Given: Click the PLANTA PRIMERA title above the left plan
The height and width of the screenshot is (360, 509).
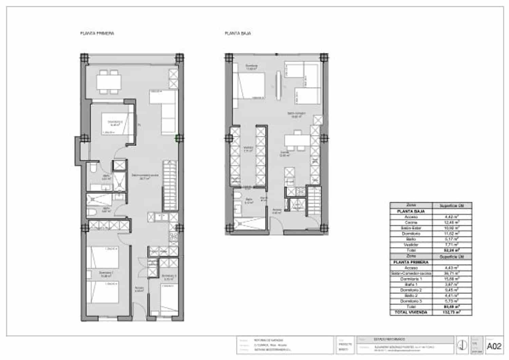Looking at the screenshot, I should [97, 33].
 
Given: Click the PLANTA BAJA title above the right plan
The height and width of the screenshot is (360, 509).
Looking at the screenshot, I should [238, 33].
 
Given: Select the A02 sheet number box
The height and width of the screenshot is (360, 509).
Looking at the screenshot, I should [494, 346].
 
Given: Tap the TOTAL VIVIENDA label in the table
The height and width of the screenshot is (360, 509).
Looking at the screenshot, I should [411, 312].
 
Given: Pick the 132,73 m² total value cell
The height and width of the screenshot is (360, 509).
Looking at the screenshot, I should [452, 312].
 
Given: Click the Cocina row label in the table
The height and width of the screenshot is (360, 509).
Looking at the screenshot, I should [411, 222].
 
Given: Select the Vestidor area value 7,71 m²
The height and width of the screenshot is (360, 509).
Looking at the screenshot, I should [452, 245].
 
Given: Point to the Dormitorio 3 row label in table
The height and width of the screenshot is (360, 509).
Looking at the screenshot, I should [411, 301].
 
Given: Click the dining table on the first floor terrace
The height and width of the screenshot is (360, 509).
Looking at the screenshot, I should [109, 82].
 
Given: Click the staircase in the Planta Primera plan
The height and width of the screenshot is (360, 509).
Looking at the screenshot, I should [170, 185].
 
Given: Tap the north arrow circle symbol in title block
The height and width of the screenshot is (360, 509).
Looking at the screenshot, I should [462, 345].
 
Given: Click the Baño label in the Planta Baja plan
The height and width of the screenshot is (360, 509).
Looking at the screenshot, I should [249, 200].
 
